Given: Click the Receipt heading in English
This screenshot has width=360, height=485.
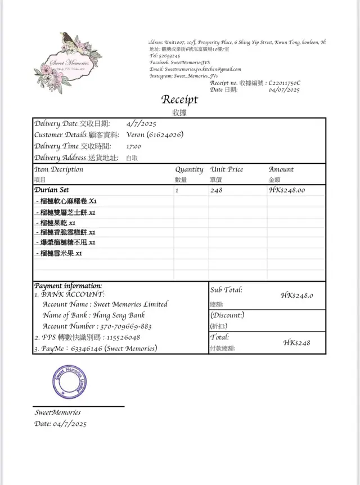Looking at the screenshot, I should click(x=179, y=100).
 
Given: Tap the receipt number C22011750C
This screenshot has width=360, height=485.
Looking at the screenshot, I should click(x=285, y=83).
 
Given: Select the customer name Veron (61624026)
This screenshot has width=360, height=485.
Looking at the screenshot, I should click(x=155, y=135).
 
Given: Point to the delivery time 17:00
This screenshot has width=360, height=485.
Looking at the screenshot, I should click(x=133, y=146).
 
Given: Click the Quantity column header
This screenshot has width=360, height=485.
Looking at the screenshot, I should click(x=189, y=169).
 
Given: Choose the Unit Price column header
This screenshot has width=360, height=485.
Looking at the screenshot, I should click(x=228, y=169).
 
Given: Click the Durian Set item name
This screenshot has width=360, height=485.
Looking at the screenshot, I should click(x=52, y=190).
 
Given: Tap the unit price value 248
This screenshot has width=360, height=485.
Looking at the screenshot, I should click(x=217, y=190).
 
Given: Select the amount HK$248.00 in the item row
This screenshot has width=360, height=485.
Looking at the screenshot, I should click(x=287, y=190).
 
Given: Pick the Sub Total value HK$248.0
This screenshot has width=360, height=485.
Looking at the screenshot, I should click(x=297, y=295).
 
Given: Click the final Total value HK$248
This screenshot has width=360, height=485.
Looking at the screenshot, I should click(x=296, y=343).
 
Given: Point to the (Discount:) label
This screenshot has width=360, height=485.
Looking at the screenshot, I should click(x=227, y=315).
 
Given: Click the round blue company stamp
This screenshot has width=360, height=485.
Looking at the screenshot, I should click(x=70, y=382).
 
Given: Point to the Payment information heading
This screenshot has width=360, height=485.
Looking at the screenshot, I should click(x=68, y=286).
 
